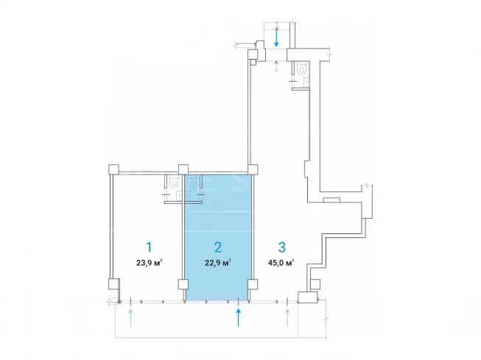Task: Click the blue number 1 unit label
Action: coord(149,247)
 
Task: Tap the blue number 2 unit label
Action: coord(218,247)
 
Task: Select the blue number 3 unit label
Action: coord(281,247)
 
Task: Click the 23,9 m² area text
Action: coord(150,263)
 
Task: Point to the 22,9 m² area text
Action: coord(218,263)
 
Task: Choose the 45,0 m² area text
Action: coord(281,263)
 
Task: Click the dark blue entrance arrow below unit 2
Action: coord(239,318)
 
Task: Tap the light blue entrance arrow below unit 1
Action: coord(130,318)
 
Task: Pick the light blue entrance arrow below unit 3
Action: coord(287,318)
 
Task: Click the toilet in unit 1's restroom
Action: coord(175,183)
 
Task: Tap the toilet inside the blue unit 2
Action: coord(192,183)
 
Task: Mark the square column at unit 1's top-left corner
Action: coord(113,169)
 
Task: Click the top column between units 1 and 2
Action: coord(183,169)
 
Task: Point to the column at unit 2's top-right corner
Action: coord(253,169)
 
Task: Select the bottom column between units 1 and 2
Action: coord(183,284)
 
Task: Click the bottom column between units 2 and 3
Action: coord(253,284)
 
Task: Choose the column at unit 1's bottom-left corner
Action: coord(114,283)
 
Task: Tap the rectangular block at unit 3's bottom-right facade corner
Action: coord(308,297)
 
